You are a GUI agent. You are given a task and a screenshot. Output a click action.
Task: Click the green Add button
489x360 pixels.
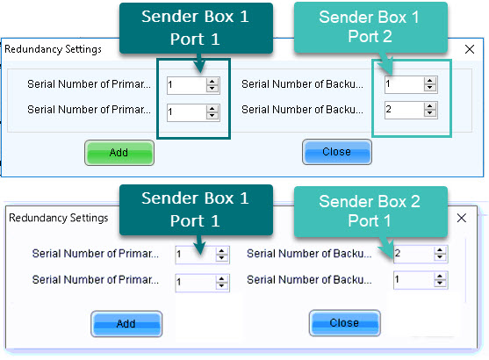[x=119, y=153]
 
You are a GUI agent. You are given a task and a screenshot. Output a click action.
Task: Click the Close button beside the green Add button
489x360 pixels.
[x=337, y=152]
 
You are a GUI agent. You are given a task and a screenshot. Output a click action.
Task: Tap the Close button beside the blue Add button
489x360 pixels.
[x=345, y=323]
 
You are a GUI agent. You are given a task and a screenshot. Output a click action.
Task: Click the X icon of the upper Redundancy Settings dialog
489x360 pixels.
[x=470, y=49]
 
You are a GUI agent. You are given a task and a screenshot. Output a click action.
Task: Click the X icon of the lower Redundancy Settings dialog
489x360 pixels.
[x=461, y=218]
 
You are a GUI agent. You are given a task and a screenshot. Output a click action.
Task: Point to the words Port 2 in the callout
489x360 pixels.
[x=370, y=37]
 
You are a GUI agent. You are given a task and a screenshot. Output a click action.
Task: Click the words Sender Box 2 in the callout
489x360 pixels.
[x=370, y=201]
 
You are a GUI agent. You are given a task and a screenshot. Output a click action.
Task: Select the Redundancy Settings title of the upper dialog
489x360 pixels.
[x=53, y=49]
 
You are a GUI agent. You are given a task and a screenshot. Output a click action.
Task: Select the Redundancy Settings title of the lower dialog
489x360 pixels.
[x=58, y=218]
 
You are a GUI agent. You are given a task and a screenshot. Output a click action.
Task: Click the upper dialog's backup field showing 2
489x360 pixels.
[x=411, y=110]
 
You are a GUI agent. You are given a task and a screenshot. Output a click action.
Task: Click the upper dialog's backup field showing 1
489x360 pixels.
[x=411, y=84]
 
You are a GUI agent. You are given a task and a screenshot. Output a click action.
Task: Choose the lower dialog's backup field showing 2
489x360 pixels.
[x=421, y=254]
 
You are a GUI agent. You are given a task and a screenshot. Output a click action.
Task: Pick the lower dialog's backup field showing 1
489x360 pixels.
[x=421, y=280]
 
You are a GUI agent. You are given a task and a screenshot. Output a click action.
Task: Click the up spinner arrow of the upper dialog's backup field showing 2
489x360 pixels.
[x=430, y=106]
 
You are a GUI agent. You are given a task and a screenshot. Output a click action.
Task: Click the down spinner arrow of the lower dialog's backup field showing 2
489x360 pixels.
[x=440, y=257]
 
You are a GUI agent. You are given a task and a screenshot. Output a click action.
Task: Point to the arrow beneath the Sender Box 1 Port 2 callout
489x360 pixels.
[x=386, y=63]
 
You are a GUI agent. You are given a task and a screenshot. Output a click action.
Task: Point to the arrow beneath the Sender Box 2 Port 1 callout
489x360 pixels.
[x=386, y=248]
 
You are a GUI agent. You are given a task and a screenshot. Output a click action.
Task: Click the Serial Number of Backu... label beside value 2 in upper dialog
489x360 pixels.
[x=302, y=110]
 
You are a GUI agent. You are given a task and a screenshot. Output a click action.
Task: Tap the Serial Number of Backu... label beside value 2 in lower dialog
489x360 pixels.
[x=309, y=253]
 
